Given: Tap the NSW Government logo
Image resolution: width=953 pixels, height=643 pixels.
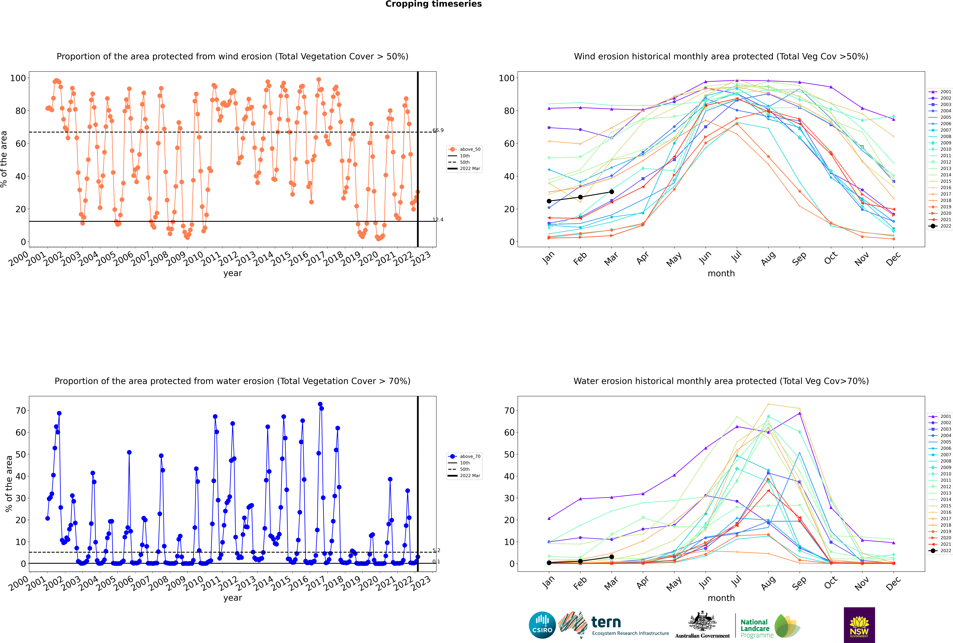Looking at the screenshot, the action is click(859, 625).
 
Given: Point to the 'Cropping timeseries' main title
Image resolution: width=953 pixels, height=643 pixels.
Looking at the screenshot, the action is click(433, 4).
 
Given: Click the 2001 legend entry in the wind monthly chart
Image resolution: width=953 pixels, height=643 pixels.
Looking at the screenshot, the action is click(940, 92).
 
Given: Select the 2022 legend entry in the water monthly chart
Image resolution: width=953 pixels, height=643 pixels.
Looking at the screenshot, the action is click(940, 551).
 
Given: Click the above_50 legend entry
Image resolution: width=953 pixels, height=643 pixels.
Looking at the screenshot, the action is click(464, 149).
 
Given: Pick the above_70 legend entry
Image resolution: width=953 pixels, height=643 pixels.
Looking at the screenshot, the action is click(464, 456).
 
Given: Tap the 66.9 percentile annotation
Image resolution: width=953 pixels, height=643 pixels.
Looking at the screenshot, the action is click(438, 130).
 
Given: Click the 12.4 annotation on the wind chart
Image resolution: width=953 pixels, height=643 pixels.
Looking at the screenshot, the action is click(438, 220).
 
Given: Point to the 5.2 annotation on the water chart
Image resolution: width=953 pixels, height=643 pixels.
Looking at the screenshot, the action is click(436, 550).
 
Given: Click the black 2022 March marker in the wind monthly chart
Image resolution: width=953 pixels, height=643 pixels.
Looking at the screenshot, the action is click(612, 192).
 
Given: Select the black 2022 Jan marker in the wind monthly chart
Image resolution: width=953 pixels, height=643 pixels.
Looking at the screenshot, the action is click(549, 201).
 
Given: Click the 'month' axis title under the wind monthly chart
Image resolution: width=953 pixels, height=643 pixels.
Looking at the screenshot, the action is click(721, 274).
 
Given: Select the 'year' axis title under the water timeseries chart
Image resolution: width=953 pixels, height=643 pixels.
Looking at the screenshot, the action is click(233, 598).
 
